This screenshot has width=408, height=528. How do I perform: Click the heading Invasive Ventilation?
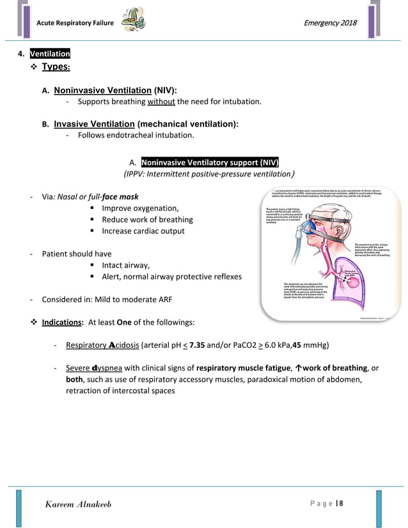(93, 123)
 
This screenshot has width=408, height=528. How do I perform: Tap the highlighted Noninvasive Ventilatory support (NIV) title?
(210, 162)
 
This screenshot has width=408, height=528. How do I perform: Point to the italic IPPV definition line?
(208, 174)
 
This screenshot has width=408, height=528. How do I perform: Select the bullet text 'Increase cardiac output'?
(143, 231)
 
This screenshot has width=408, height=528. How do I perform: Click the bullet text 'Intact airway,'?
(125, 265)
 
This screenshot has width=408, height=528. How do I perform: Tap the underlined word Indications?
(62, 322)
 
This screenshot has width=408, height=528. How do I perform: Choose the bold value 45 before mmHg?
(296, 346)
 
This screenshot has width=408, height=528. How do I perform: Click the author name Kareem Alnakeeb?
(79, 504)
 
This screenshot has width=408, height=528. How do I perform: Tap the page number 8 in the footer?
(341, 504)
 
